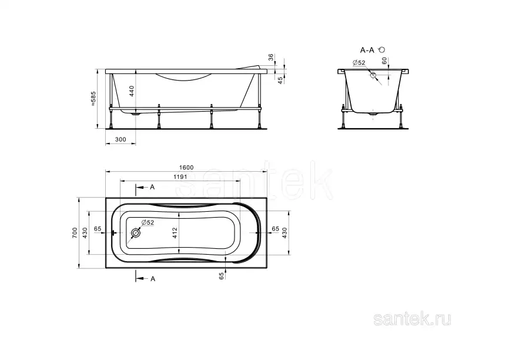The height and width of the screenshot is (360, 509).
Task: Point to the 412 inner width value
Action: (x=175, y=233)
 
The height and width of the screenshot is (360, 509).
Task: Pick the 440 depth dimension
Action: (x=132, y=91)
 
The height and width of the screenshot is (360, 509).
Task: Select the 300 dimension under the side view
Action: (x=120, y=139)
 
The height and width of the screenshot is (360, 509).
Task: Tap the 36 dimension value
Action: (x=270, y=57)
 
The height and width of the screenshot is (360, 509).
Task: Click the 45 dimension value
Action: (x=280, y=79)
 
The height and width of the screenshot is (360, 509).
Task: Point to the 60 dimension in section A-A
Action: (x=384, y=60)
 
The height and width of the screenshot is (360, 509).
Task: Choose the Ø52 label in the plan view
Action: (x=148, y=222)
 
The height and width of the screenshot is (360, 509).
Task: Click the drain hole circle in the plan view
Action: (x=136, y=234)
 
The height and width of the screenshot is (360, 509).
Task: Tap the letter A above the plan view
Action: (x=152, y=187)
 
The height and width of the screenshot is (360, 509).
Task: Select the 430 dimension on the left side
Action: (x=85, y=232)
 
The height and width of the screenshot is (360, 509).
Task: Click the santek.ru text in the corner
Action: (x=413, y=319)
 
